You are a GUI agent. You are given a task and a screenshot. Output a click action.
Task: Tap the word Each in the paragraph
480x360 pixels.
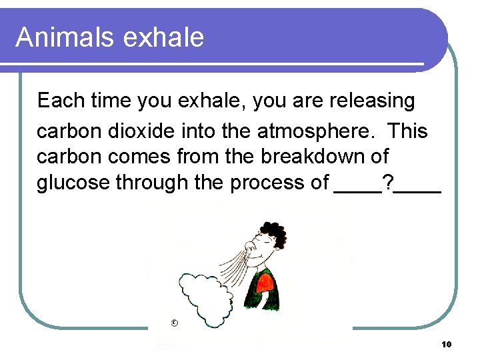[56, 101]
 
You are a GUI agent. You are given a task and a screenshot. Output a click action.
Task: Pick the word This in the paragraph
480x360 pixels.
[407, 131]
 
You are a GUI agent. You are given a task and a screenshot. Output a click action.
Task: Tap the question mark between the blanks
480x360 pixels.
[387, 182]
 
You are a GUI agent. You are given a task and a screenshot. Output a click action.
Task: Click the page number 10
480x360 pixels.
[446, 344]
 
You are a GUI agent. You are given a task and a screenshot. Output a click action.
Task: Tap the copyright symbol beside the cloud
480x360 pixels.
[174, 323]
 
